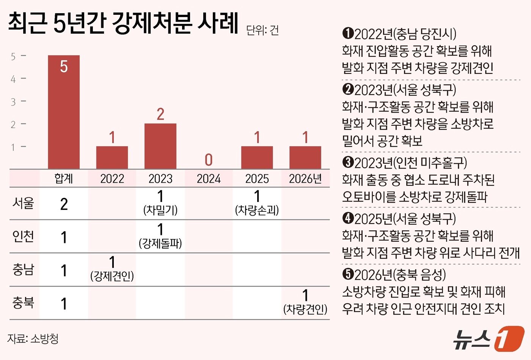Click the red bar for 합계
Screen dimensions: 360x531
click(64, 112)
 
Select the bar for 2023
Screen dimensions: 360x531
click(160, 146)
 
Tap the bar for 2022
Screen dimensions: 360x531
click(112, 158)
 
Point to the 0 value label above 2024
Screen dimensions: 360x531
click(209, 160)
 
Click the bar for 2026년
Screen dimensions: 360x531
click(305, 158)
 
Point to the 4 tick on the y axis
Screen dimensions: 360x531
click(13, 79)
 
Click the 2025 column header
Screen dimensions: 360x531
click(257, 178)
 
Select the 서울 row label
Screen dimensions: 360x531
click(23, 203)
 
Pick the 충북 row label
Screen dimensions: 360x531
click(23, 303)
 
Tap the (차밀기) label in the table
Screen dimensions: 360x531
click(160, 210)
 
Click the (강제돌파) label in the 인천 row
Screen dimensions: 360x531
click(160, 243)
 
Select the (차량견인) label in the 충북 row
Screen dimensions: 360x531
click(305, 310)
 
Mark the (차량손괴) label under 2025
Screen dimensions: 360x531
click(257, 210)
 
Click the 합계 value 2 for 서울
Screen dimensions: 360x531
click(64, 204)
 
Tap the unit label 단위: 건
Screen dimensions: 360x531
click(262, 30)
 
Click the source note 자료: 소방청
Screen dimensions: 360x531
click(33, 338)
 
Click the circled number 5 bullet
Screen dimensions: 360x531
click(348, 274)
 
